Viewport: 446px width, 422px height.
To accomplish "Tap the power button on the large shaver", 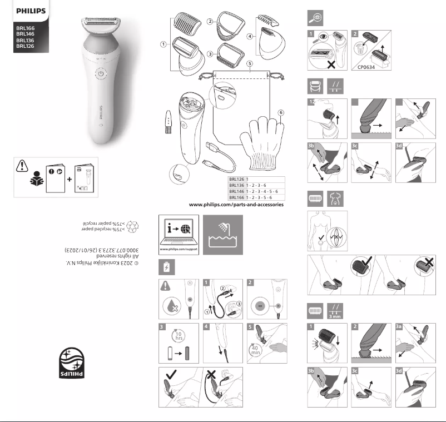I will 101,73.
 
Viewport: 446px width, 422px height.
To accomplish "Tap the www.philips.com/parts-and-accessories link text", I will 236,205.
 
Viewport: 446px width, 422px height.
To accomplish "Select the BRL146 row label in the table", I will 237,191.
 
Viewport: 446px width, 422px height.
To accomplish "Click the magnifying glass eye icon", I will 315,18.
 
